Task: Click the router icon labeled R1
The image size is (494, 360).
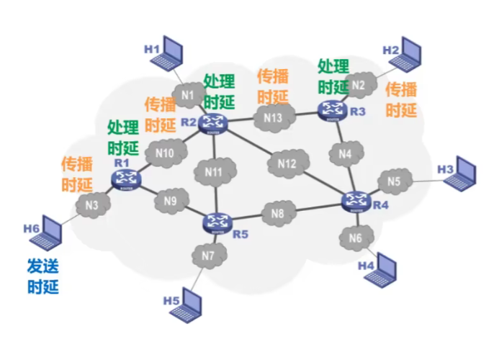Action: [126, 179]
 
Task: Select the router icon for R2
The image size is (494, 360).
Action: [213, 124]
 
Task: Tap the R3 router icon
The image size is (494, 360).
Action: [333, 111]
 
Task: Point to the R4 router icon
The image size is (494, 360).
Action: [356, 202]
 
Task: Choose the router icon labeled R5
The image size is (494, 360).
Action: [217, 224]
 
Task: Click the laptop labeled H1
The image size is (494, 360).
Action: [166, 53]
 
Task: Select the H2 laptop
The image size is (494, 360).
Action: [405, 55]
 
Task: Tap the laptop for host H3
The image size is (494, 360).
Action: [460, 174]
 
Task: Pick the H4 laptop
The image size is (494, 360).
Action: [380, 270]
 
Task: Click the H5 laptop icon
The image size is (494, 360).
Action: [186, 305]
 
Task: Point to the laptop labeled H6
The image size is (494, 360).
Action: [46, 233]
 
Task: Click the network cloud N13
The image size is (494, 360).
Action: [273, 118]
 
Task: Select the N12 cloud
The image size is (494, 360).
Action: [287, 163]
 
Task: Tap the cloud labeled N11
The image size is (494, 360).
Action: [214, 172]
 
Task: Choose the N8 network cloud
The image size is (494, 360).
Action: [278, 213]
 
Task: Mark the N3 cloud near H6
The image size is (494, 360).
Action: [92, 205]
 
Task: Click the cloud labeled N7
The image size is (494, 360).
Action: [208, 256]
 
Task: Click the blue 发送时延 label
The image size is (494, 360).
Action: [43, 276]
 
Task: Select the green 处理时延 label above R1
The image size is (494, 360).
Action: [123, 138]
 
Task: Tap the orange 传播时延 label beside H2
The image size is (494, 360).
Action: [401, 99]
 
